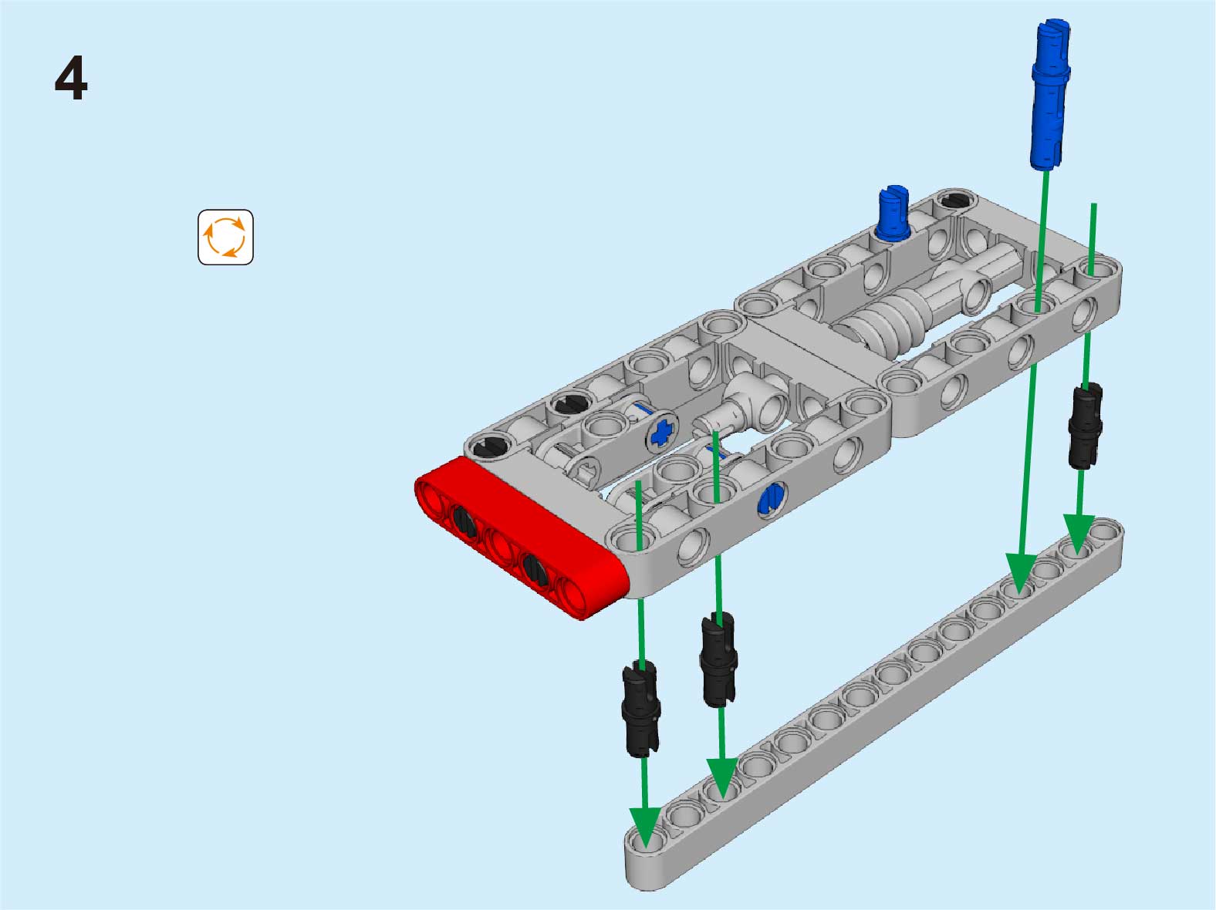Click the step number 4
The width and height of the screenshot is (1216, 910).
click(71, 78)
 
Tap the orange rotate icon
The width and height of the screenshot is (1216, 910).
click(225, 237)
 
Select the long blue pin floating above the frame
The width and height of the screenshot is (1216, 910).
click(1050, 94)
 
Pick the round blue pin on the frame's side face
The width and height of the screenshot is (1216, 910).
click(772, 497)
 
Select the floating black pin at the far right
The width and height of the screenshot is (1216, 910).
click(1085, 426)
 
